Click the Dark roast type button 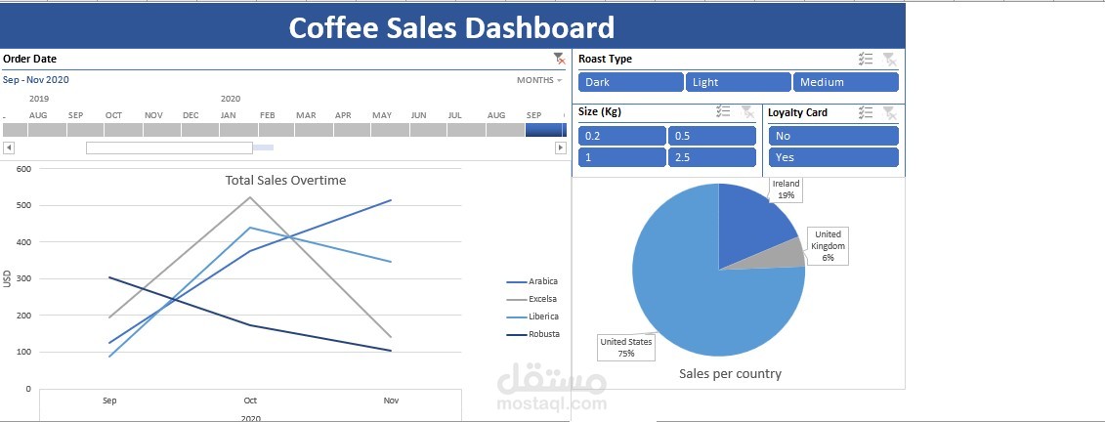(x=630, y=82)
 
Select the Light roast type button (x=738, y=82)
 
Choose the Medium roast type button (x=845, y=82)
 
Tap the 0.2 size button (x=621, y=136)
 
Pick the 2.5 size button (x=711, y=157)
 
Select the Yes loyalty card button (x=832, y=157)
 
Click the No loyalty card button (x=832, y=136)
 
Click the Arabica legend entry (x=542, y=281)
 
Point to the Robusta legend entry (x=543, y=334)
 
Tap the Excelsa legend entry (x=542, y=299)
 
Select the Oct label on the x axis (x=250, y=401)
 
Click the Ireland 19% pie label (x=786, y=190)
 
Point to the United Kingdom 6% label (x=828, y=246)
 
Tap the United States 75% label (x=626, y=348)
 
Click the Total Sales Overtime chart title (x=285, y=180)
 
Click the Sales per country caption (x=730, y=373)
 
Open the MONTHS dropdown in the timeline (x=539, y=80)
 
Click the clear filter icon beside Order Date (x=558, y=59)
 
